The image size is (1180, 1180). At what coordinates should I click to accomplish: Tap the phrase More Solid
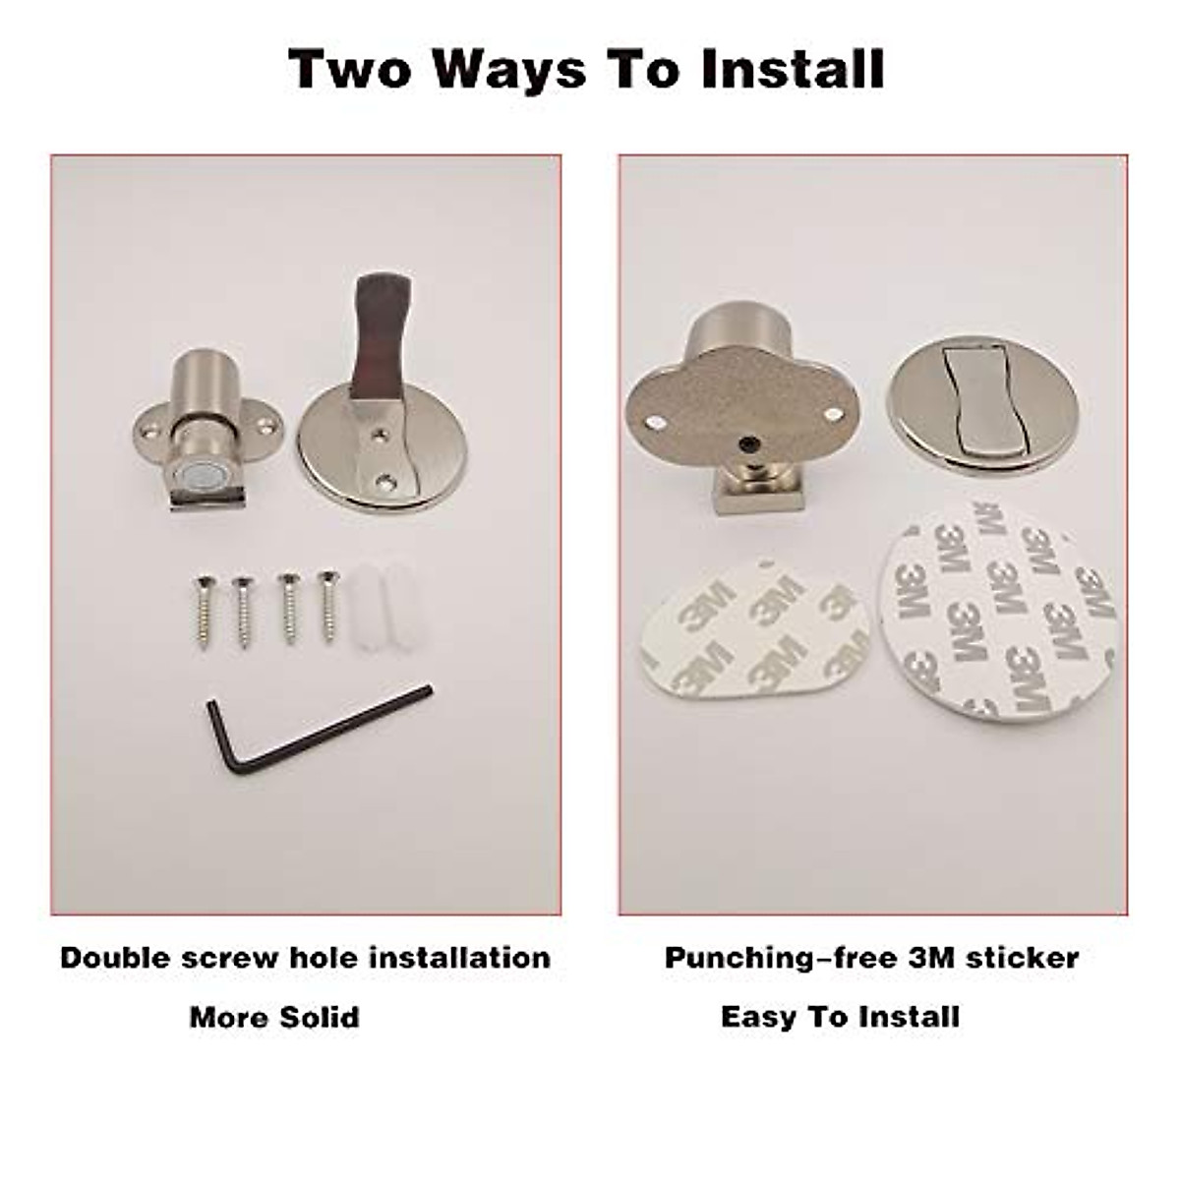(274, 1016)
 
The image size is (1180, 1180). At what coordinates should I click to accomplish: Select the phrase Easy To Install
(840, 1016)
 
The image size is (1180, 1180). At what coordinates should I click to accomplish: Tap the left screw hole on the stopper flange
(147, 430)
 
